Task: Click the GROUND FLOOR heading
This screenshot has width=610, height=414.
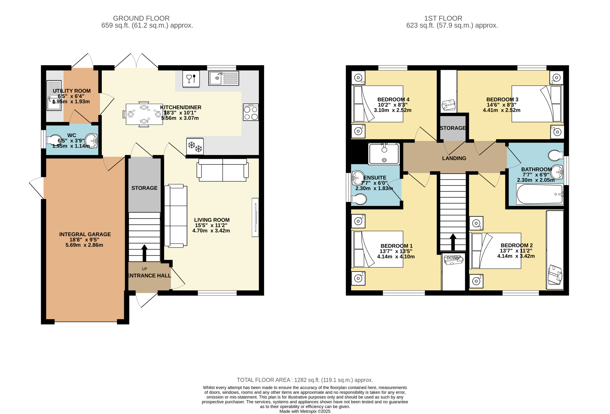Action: pyautogui.click(x=141, y=18)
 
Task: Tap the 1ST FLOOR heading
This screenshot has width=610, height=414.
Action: pyautogui.click(x=443, y=18)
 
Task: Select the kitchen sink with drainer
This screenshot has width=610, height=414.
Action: pyautogui.click(x=224, y=78)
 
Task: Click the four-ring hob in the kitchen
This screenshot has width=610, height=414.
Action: pyautogui.click(x=251, y=112)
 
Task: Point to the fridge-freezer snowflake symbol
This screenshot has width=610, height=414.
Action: pyautogui.click(x=195, y=146)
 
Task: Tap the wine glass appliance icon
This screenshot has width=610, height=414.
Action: pyautogui.click(x=191, y=79)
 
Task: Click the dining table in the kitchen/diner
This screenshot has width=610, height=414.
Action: pyautogui.click(x=144, y=114)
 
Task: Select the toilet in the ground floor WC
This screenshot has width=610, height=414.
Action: pyautogui.click(x=54, y=140)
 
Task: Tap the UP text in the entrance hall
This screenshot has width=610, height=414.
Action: pyautogui.click(x=144, y=269)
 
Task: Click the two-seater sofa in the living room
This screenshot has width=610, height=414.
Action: pyautogui.click(x=223, y=170)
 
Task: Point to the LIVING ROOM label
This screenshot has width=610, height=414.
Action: pyautogui.click(x=212, y=220)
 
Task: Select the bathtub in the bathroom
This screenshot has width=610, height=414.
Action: pyautogui.click(x=540, y=194)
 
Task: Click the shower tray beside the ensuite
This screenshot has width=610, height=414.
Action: pyautogui.click(x=384, y=154)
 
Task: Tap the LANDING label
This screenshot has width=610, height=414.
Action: pyautogui.click(x=454, y=158)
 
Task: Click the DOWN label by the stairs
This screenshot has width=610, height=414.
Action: pyautogui.click(x=453, y=258)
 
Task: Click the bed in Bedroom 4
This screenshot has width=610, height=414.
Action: pyautogui.click(x=377, y=104)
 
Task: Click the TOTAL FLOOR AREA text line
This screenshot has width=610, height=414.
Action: pyautogui.click(x=305, y=380)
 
